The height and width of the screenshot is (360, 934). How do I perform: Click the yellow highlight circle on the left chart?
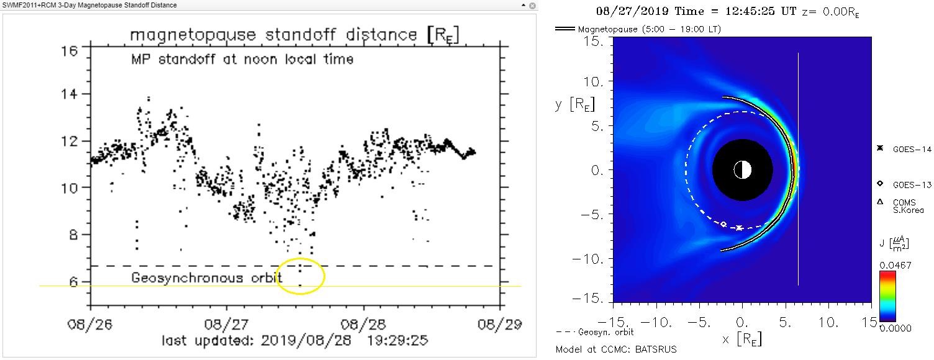tap(300, 277)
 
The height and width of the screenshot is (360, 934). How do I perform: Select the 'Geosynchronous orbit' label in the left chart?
tap(187, 278)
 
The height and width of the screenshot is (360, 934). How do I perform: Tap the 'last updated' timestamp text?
tap(294, 340)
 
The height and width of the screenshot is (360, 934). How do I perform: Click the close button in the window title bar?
tap(532, 5)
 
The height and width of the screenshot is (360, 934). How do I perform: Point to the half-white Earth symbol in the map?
tap(742, 169)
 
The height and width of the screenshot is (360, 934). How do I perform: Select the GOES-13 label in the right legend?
tap(907, 184)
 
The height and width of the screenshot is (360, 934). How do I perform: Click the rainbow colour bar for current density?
tap(888, 296)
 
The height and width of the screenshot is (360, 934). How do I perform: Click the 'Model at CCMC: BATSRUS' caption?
tap(616, 349)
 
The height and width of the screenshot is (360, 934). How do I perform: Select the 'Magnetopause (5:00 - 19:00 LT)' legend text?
tap(649, 29)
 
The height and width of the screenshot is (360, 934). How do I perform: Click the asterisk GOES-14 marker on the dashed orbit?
tap(739, 228)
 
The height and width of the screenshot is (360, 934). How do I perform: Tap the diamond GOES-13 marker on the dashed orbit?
tap(723, 224)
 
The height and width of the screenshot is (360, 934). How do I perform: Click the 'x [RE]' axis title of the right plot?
tap(741, 338)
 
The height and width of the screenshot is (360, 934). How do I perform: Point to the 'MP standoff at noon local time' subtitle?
tap(242, 60)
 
